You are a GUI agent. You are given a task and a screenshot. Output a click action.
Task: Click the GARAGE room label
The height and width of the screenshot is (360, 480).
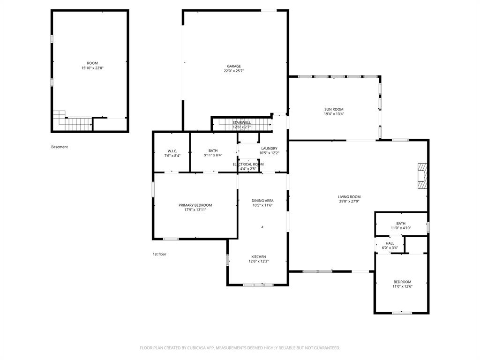point(234,66)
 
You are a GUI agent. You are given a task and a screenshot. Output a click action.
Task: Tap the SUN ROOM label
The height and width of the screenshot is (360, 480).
point(334,109)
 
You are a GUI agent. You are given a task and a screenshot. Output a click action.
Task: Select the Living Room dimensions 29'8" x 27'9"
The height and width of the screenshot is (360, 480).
point(349,202)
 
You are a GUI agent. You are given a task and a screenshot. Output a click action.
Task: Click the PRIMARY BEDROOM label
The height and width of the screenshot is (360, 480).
point(195,205)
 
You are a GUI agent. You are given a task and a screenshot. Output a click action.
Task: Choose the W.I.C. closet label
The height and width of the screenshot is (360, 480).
point(172,151)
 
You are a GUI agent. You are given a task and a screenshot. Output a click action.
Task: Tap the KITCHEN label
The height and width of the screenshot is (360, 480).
point(259,257)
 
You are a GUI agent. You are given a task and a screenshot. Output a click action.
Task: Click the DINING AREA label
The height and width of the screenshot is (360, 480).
point(262,201)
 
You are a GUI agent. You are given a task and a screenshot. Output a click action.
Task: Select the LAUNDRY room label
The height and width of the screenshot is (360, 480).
point(270,149)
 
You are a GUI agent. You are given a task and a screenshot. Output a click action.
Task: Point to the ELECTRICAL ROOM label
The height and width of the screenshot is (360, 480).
point(248,165)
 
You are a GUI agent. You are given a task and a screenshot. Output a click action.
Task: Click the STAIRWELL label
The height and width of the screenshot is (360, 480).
point(241,122)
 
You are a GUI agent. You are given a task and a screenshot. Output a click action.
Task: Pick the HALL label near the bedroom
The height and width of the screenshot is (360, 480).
point(390,243)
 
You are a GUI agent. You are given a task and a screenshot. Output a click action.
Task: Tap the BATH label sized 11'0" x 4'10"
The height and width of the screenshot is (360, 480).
point(401,224)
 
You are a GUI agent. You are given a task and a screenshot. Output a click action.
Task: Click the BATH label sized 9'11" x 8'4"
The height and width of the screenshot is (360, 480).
point(213,150)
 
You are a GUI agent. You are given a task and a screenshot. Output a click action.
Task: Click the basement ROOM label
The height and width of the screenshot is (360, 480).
point(92,63)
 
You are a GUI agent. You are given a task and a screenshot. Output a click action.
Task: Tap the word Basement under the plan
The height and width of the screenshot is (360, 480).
point(60,147)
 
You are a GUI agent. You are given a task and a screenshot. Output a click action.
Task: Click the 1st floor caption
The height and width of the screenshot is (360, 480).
point(159,254)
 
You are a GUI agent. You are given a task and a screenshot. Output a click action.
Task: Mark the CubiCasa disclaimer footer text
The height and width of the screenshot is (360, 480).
point(240,348)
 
